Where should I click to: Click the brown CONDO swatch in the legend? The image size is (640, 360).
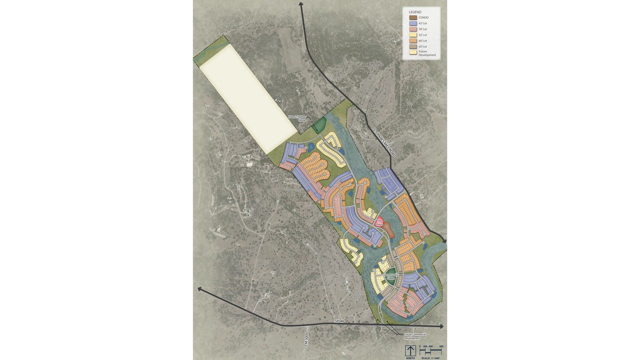(413, 18)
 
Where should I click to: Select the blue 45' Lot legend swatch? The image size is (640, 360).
(413, 23)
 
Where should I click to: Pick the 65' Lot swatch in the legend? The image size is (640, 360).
(413, 46)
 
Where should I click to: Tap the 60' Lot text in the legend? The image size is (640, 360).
(423, 41)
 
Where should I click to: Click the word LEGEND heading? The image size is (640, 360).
(415, 12)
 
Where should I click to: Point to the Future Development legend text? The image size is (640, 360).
(427, 53)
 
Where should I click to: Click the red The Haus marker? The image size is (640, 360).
(380, 223)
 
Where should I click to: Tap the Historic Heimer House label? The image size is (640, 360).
(297, 118)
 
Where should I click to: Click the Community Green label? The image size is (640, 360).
(391, 277)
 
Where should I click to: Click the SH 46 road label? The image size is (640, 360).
(339, 321)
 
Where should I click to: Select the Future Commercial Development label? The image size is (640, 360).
(415, 336)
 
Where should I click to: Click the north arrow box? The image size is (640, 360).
(410, 351)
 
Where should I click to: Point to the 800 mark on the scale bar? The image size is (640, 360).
(441, 347)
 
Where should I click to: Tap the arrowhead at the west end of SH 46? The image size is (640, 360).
(200, 289)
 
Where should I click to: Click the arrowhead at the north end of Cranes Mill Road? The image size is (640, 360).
(301, 4)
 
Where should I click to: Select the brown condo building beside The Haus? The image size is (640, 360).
(389, 230)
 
